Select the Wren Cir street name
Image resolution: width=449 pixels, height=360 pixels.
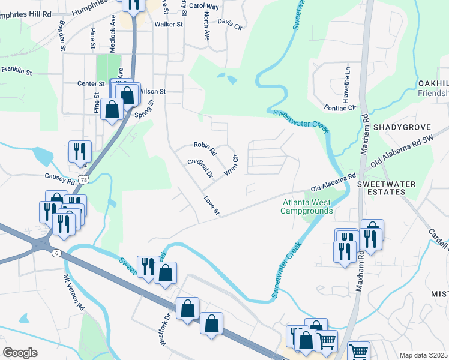232,164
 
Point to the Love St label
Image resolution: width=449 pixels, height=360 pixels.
212,205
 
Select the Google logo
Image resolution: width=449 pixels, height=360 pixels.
20,353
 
